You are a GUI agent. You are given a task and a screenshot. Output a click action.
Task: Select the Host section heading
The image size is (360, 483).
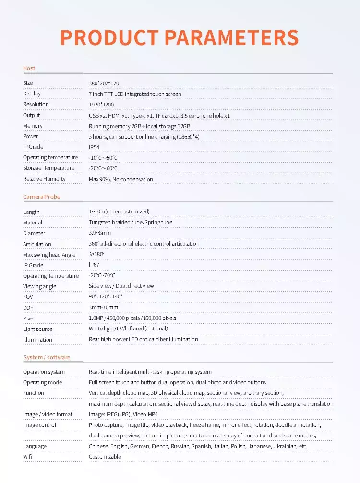pyautogui.click(x=29, y=68)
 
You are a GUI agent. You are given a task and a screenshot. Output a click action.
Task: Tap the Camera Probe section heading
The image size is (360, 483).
pyautogui.click(x=42, y=197)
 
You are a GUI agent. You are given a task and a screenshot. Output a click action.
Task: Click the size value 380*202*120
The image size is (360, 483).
pyautogui.click(x=104, y=83)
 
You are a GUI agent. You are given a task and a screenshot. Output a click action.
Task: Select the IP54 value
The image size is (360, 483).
pyautogui.click(x=94, y=147)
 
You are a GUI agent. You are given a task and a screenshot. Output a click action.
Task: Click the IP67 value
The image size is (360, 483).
pyautogui.click(x=94, y=265)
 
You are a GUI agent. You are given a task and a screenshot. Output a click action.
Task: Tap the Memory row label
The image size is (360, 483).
pyautogui.click(x=33, y=126)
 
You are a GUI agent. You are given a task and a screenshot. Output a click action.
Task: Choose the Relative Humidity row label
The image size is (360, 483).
pyautogui.click(x=44, y=179)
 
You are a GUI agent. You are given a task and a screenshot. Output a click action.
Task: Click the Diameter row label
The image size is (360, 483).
pyautogui.click(x=34, y=233)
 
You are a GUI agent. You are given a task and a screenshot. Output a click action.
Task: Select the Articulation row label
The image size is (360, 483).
pyautogui.click(x=37, y=244)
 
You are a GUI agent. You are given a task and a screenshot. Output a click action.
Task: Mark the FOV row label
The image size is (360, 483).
pyautogui.click(x=28, y=297)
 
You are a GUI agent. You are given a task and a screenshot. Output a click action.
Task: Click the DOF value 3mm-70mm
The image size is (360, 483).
pyautogui.click(x=103, y=307)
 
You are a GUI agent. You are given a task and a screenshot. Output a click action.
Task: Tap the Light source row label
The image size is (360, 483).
pyautogui.click(x=37, y=329)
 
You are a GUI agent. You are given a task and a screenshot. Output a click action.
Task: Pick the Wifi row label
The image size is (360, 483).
pyautogui.click(x=27, y=457)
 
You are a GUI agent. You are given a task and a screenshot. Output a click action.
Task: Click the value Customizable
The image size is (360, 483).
pyautogui.click(x=105, y=457)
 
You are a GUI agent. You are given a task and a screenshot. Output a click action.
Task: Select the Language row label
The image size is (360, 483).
pyautogui.click(x=35, y=446)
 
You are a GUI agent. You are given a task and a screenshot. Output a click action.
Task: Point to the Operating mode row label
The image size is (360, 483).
pyautogui.click(x=42, y=382)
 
